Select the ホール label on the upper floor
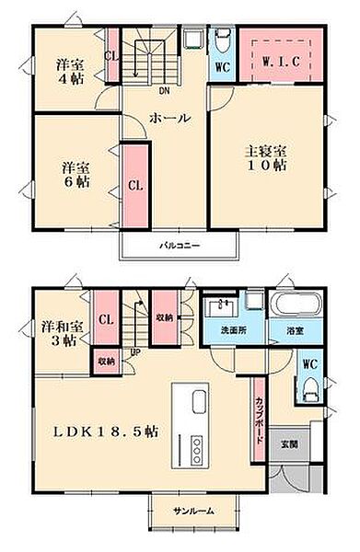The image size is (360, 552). (170, 118)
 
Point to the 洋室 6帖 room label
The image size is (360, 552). (75, 175)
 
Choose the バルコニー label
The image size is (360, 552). (180, 246)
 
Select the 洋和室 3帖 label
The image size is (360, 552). (62, 334)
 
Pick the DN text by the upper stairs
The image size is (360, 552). (164, 90)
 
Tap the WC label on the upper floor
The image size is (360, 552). (222, 67)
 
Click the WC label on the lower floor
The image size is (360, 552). (309, 362)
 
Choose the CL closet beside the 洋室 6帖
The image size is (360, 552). (135, 185)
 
